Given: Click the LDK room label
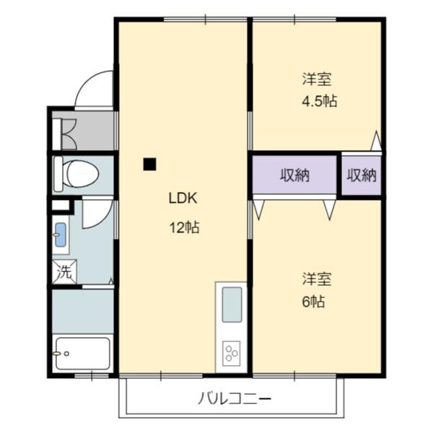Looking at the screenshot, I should point(183,198).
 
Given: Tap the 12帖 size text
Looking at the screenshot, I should point(184,228).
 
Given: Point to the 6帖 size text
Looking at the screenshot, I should point(313,302).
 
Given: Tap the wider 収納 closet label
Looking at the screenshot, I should point(294,175).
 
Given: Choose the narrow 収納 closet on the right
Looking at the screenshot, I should point(362,175).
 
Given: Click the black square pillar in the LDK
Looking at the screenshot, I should point(149,164).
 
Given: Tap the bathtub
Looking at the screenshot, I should point(82,354).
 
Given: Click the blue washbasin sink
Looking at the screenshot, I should point(61,234).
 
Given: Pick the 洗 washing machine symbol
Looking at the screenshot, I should point(64,272).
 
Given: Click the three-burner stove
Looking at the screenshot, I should point(232,354).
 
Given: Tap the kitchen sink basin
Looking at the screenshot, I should point(232,305).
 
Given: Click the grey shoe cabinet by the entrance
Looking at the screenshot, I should point(84,131).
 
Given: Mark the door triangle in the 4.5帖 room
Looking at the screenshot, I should point(376,141).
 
